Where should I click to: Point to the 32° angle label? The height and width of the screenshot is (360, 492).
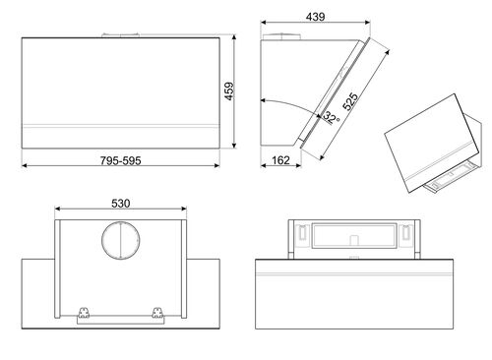[x=331, y=120]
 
